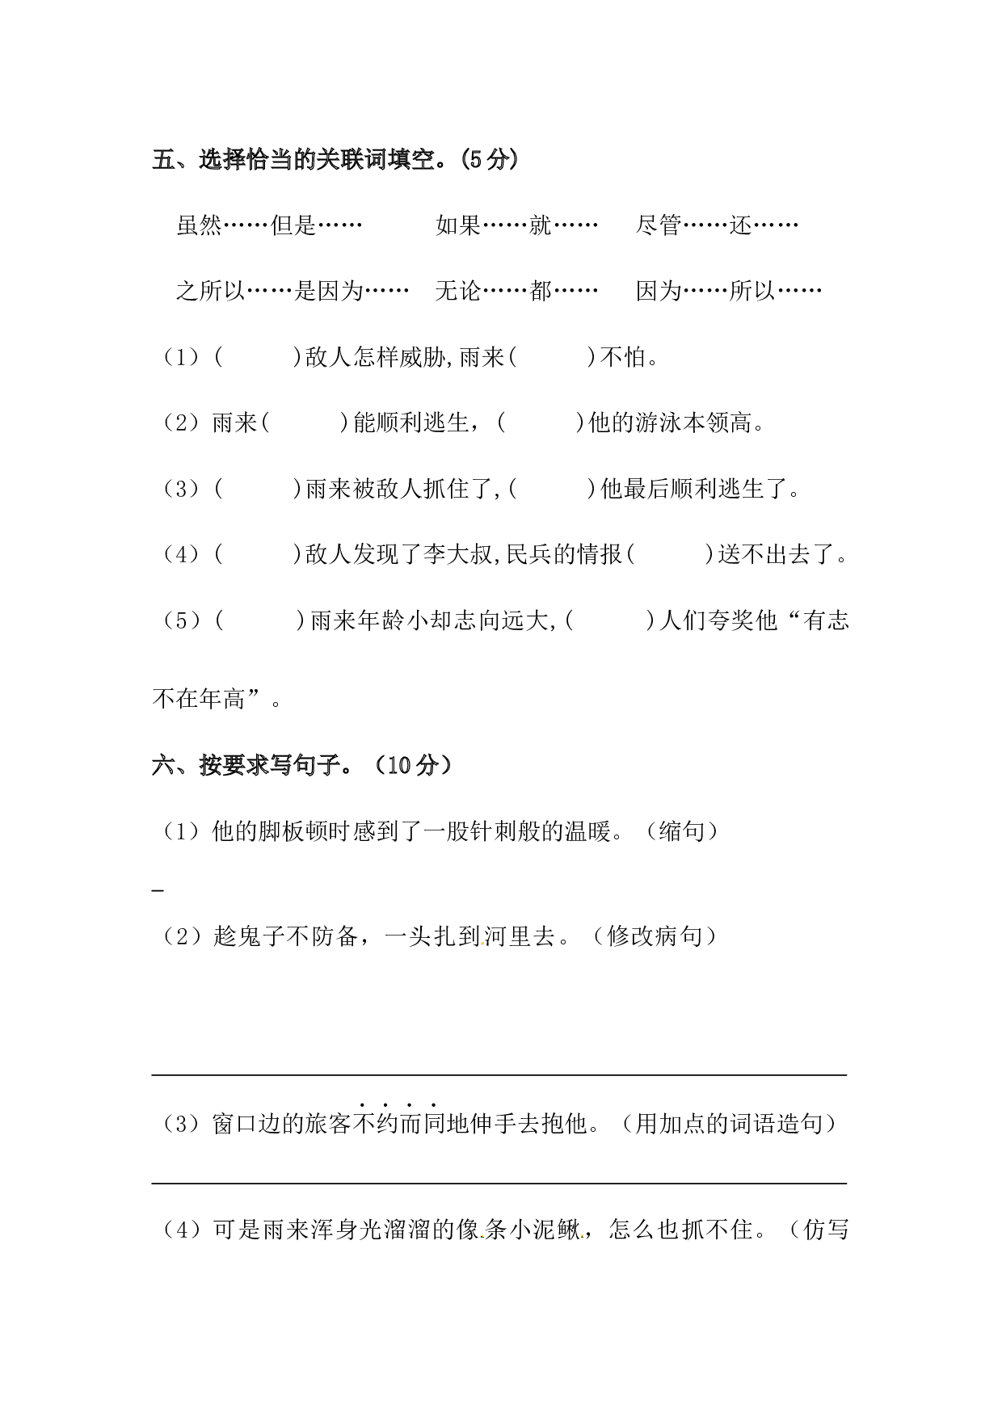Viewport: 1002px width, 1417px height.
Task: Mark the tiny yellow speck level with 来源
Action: click(x=483, y=943)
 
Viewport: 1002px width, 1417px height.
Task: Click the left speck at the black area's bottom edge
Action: click(x=482, y=1236)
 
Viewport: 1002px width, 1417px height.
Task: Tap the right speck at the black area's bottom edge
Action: click(x=582, y=1236)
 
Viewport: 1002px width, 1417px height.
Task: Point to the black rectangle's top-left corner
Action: click(x=151, y=148)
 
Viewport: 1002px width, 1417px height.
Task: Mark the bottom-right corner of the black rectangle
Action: click(x=848, y=1239)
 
